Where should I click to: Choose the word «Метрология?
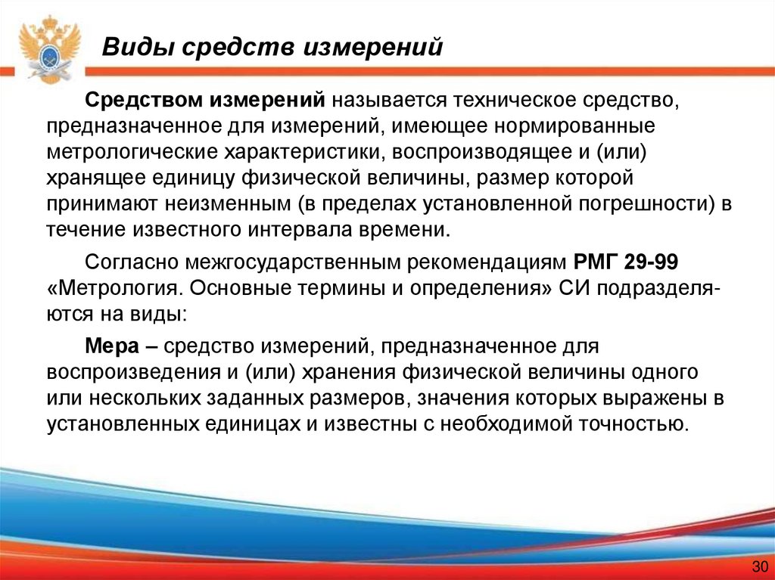coord(110,289)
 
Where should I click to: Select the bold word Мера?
coord(111,346)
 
